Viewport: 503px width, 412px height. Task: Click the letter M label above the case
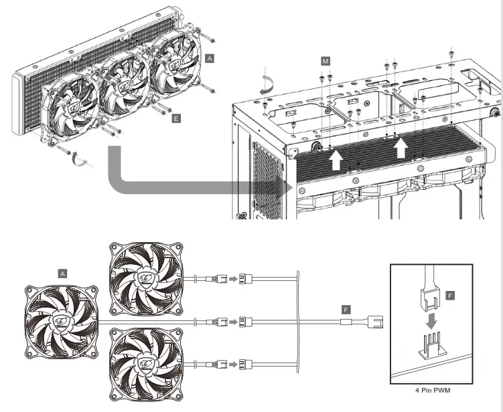[x=325, y=61]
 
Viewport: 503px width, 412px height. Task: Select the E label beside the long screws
[x=176, y=118]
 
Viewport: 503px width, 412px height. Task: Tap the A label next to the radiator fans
[x=210, y=59]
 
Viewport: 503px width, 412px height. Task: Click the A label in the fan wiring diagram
[x=63, y=274]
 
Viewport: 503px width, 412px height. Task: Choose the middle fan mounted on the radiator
[x=125, y=84]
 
